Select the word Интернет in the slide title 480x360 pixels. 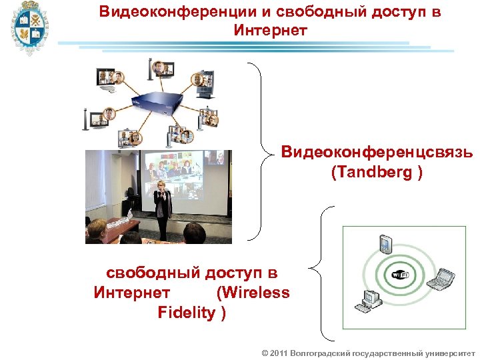pos(270,30)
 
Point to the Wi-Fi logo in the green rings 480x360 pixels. pos(401,275)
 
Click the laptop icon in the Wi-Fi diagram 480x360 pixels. pos(441,279)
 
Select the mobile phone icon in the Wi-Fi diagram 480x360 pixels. pos(385,244)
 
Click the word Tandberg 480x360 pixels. pos(374,172)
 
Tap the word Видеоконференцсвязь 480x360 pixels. pos(377,153)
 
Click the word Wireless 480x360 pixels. pos(253,293)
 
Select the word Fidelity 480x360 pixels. pos(186,312)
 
